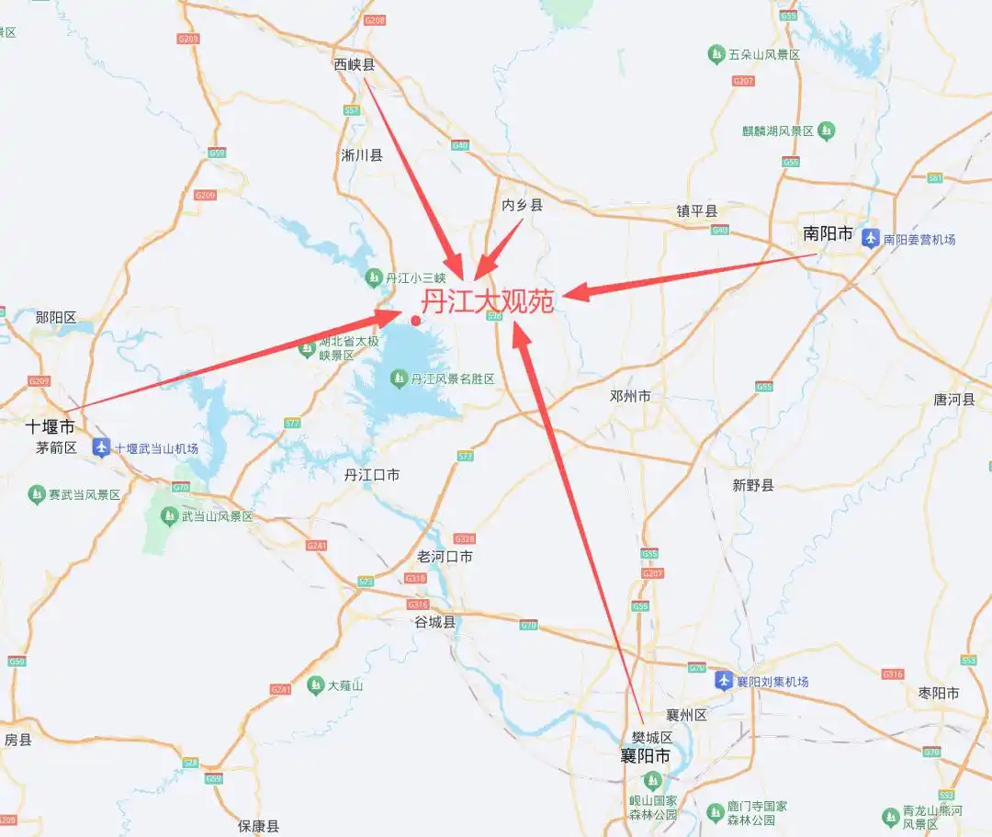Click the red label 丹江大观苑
pyautogui.click(x=487, y=301)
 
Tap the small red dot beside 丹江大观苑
pyautogui.click(x=416, y=321)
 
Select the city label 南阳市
pyautogui.click(x=828, y=233)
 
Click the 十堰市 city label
pyautogui.click(x=50, y=426)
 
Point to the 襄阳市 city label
pyautogui.click(x=645, y=756)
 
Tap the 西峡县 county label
pyautogui.click(x=355, y=64)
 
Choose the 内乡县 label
pyautogui.click(x=523, y=205)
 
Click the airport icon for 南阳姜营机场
pyautogui.click(x=871, y=239)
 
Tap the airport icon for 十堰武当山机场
pyautogui.click(x=101, y=448)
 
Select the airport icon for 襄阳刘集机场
pyautogui.click(x=724, y=681)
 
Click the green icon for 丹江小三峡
pyautogui.click(x=374, y=277)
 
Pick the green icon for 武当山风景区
pyautogui.click(x=169, y=516)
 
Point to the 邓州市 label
pyautogui.click(x=630, y=396)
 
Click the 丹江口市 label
pyautogui.click(x=372, y=475)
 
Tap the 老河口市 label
pyautogui.click(x=445, y=557)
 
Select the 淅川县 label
pyautogui.click(x=362, y=155)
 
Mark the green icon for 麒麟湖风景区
pyautogui.click(x=827, y=131)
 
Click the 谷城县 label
pyautogui.click(x=434, y=622)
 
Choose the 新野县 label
pyautogui.click(x=753, y=485)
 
